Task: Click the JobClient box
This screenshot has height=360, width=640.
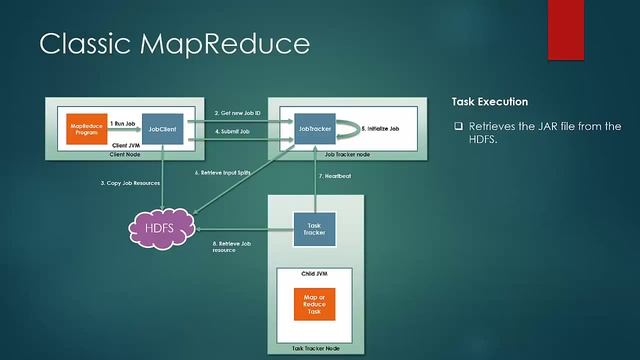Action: pyautogui.click(x=163, y=130)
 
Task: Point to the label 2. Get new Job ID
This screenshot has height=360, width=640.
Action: pyautogui.click(x=239, y=114)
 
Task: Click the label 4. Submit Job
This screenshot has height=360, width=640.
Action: pyautogui.click(x=233, y=145)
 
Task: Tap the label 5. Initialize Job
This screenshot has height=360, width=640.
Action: pyautogui.click(x=381, y=130)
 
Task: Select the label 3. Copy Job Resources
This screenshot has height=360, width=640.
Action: pyautogui.click(x=129, y=183)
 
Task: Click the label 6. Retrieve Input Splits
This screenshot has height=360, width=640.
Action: pyautogui.click(x=222, y=173)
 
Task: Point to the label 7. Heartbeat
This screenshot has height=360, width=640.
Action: pyautogui.click(x=336, y=177)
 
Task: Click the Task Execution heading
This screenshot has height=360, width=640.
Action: pyautogui.click(x=490, y=102)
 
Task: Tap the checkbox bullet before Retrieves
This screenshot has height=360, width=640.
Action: pyautogui.click(x=459, y=126)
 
